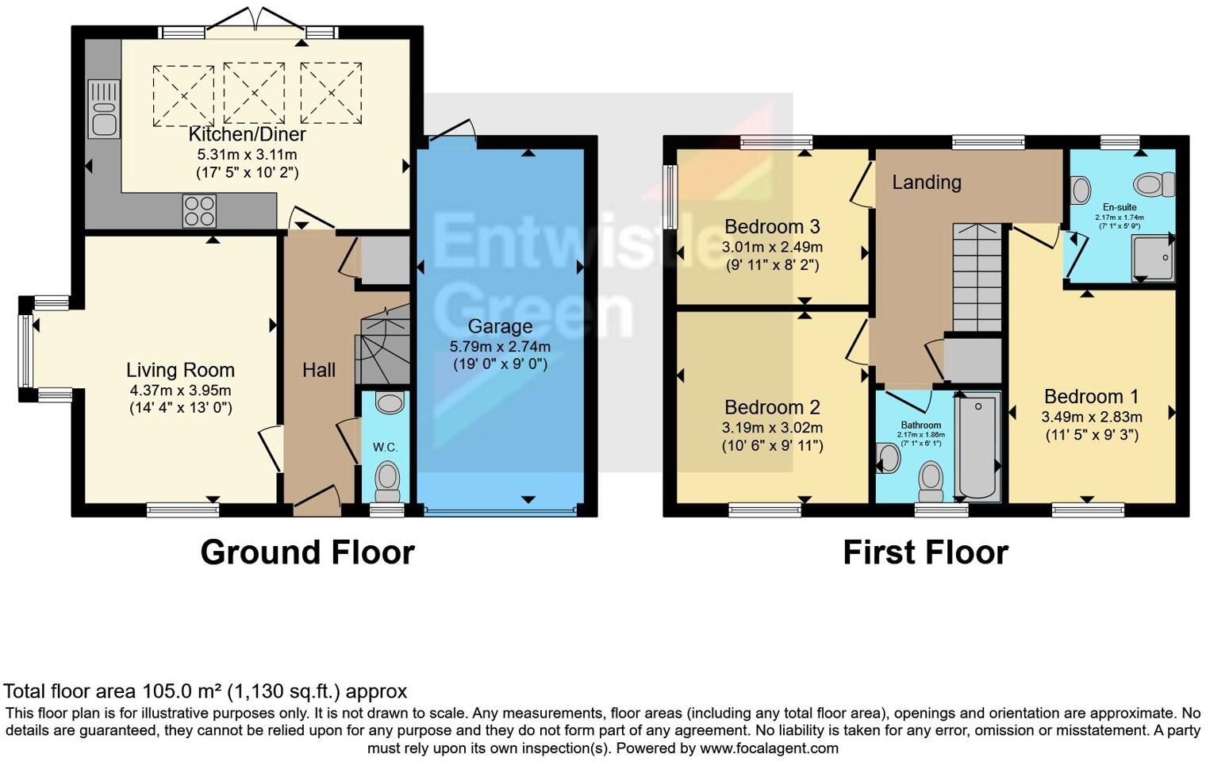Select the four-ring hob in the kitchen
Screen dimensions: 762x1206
point(199,211)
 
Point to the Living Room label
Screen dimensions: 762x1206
point(180,370)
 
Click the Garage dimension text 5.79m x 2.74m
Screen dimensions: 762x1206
point(500,347)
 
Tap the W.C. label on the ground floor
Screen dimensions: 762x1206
point(386,448)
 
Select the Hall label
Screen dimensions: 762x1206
point(319,370)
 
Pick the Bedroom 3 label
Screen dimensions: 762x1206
point(771,227)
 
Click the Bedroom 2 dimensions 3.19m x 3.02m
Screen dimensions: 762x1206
point(771,428)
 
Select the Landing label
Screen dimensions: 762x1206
point(926,183)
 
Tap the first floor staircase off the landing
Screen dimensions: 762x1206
point(977,278)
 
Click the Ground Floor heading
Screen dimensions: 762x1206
point(307,552)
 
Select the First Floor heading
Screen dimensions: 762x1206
point(925,552)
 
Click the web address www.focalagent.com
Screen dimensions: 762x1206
point(769,749)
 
